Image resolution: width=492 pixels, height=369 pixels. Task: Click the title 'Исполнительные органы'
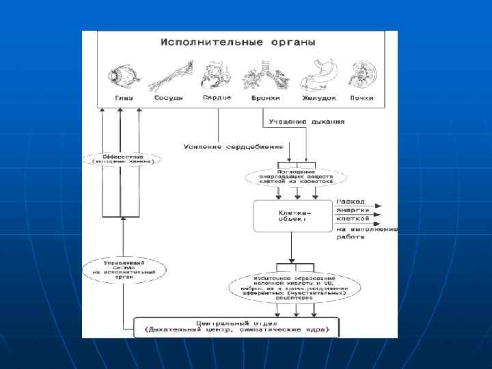tap(238, 42)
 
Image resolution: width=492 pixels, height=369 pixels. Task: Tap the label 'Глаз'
tap(123, 98)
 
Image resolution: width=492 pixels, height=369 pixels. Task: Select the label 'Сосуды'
tap(168, 98)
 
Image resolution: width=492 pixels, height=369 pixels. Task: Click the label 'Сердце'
tap(217, 98)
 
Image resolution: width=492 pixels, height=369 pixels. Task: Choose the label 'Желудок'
tap(319, 98)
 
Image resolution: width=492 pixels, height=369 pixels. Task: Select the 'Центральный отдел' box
tap(235, 326)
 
